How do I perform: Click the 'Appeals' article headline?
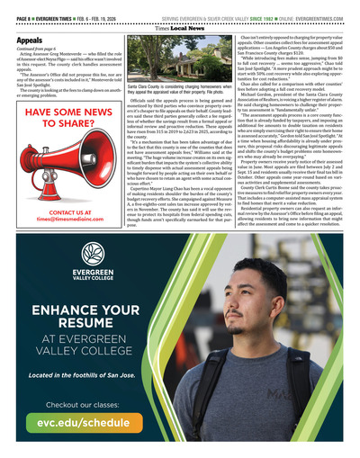coord(31,41)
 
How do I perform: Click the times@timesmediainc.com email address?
coord(60,220)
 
